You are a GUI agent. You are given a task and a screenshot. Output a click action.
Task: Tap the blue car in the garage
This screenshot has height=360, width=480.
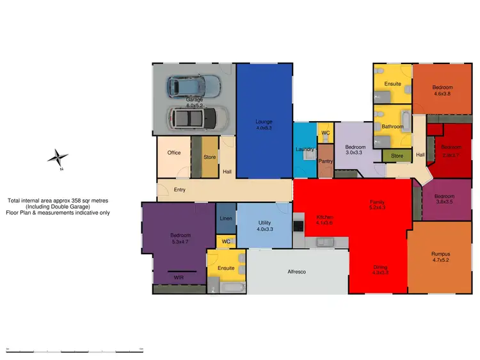[192, 85]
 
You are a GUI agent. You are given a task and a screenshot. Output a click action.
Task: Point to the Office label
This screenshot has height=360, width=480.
[174, 152]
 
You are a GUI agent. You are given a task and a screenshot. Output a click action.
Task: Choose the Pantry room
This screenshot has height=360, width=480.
[326, 161]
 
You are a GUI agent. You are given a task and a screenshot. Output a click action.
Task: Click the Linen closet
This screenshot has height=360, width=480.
[226, 218]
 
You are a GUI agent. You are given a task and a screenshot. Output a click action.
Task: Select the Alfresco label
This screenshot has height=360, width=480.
[296, 272]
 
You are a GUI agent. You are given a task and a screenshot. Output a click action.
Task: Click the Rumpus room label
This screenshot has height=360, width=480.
[441, 254]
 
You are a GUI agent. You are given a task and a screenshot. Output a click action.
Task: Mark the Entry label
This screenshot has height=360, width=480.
[180, 190]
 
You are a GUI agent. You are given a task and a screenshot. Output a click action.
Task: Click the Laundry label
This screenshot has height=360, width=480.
[305, 149]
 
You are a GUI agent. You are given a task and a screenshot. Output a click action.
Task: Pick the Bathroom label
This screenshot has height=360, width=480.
[392, 127]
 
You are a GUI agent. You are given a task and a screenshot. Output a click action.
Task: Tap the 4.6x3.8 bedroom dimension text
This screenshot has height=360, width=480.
[442, 94]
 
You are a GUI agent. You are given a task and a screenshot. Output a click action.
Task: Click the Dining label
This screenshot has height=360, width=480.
[381, 267]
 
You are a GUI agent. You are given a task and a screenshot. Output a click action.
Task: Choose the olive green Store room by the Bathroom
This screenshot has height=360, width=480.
[397, 155]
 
